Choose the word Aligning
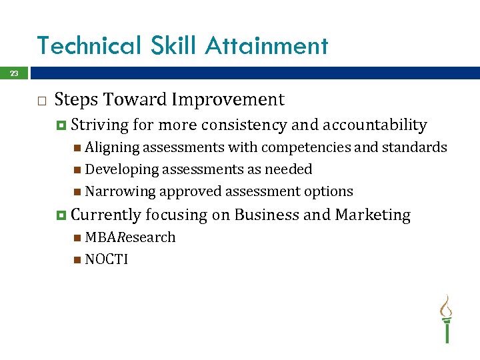click(x=111, y=147)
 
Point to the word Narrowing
click(x=119, y=191)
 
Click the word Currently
click(x=105, y=215)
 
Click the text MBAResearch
click(x=130, y=237)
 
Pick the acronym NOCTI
click(x=106, y=259)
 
